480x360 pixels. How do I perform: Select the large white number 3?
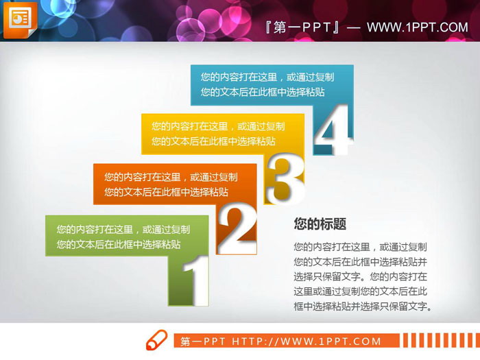coord(284,180)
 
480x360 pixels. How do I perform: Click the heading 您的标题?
coord(320,224)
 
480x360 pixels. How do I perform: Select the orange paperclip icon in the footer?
coord(156,340)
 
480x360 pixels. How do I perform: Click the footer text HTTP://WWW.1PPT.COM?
coord(307,341)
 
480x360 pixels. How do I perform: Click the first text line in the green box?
coord(123,230)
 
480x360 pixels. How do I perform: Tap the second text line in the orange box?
coord(166,193)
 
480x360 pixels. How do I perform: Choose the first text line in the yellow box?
coord(218,126)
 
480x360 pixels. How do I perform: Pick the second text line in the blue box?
coord(263,92)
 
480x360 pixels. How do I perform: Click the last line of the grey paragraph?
coord(363,307)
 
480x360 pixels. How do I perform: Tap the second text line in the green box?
coord(119,244)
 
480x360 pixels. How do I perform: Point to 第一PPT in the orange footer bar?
coord(204,341)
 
